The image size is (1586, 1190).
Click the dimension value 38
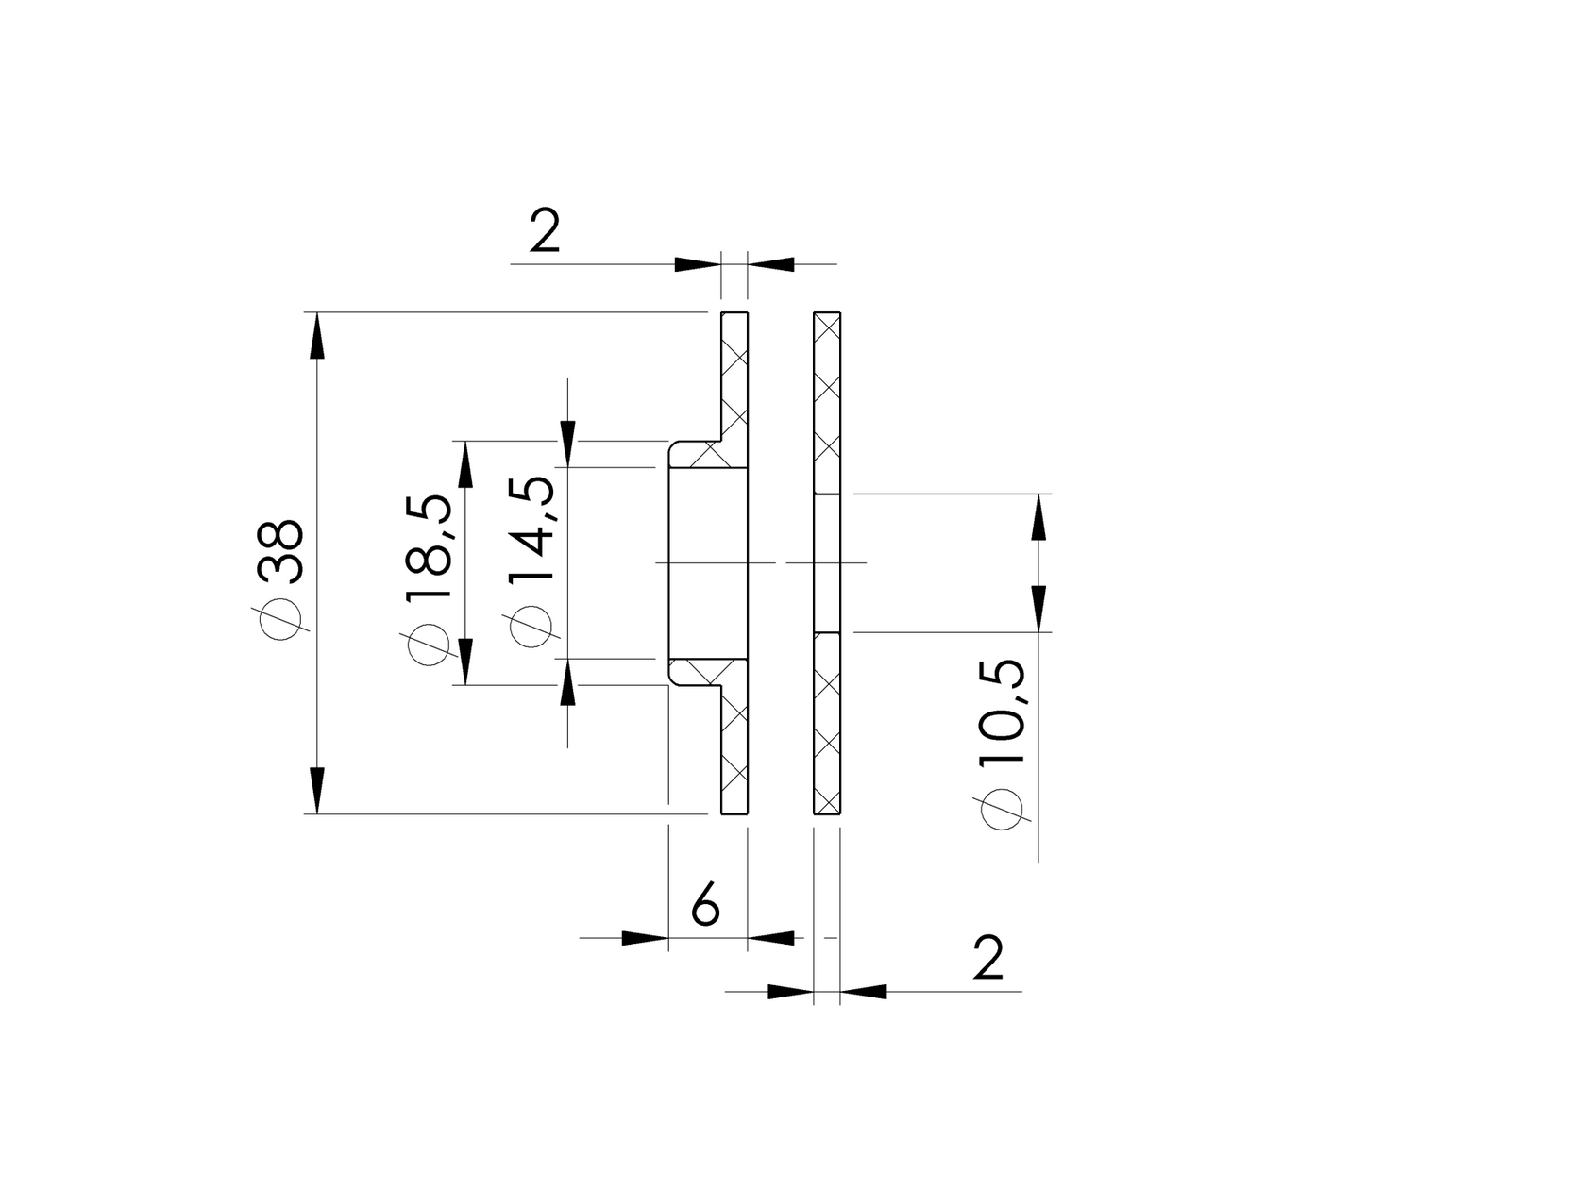(x=280, y=548)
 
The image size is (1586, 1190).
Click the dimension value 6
(x=705, y=905)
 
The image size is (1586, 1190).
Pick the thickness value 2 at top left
(x=545, y=230)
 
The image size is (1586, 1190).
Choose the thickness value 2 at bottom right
(x=987, y=958)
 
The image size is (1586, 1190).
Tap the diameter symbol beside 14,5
(x=531, y=626)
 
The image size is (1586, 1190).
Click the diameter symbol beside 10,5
(x=1003, y=810)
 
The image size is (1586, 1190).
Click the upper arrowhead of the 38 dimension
(x=316, y=334)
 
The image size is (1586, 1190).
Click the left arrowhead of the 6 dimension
(x=646, y=938)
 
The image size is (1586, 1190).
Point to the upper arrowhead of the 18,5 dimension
(x=465, y=464)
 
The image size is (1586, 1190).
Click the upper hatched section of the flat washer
(x=827, y=402)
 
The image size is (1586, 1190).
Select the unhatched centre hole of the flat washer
(x=827, y=562)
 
